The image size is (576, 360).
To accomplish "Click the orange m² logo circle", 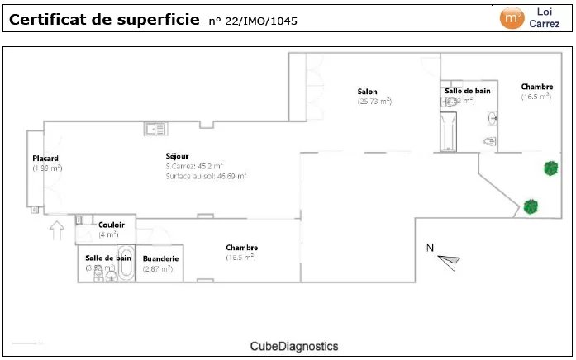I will (x=512, y=17).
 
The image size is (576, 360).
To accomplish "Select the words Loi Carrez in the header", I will (x=544, y=17).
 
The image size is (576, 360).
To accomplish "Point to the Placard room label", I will (x=45, y=158).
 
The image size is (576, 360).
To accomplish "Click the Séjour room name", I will (x=177, y=156).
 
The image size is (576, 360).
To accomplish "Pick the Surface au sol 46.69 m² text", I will (x=207, y=176).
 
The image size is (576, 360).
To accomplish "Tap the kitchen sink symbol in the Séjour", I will (x=155, y=128).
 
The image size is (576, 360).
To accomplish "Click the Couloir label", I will (x=112, y=225).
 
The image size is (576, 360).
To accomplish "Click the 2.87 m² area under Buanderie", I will (x=157, y=268).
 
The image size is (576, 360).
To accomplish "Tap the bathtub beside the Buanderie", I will (x=126, y=263).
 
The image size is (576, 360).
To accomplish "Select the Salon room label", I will (x=368, y=92).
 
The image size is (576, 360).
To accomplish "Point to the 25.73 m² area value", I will (x=374, y=102).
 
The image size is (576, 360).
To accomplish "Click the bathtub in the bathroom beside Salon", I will (x=450, y=133).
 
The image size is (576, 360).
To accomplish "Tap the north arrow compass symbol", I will (x=450, y=262).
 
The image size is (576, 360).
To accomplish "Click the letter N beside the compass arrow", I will (x=430, y=248).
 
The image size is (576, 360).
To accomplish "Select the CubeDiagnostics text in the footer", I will (x=294, y=347).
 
